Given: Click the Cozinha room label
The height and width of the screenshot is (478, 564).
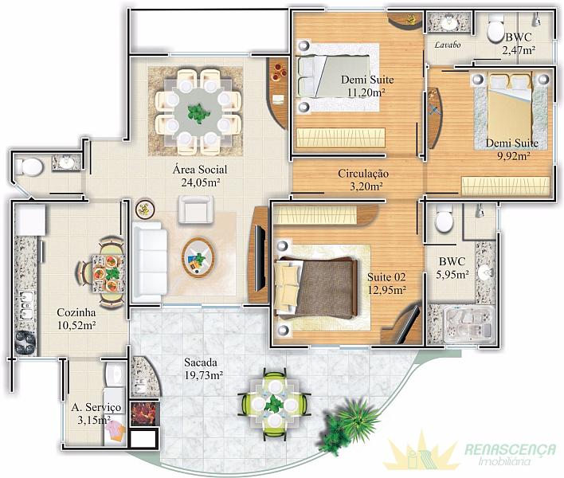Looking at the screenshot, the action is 76,312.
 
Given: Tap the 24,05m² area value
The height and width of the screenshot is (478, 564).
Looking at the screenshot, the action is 201,182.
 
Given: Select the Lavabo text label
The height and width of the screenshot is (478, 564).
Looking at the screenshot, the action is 448,45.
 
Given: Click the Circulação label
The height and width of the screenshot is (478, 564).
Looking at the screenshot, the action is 363,174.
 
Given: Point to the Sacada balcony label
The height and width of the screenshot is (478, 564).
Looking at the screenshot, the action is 201,362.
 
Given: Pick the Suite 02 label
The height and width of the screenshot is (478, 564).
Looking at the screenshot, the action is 386,277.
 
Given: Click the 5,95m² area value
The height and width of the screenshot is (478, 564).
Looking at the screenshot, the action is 452,275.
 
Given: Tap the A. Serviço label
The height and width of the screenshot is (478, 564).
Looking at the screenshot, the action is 96,408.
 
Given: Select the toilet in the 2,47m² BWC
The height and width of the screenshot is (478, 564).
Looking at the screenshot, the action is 495,28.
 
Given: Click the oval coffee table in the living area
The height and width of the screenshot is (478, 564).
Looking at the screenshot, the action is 198,257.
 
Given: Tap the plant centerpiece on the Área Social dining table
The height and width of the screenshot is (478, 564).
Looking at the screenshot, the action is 198,113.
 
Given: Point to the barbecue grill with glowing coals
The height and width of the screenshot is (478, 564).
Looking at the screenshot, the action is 144,413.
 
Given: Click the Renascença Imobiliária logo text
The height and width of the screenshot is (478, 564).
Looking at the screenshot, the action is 510,453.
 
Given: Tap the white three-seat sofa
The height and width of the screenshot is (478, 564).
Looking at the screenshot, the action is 149,262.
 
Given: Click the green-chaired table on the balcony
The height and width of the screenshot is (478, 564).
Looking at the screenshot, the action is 275,405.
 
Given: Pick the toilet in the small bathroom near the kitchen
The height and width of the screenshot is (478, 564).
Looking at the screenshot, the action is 29,167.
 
